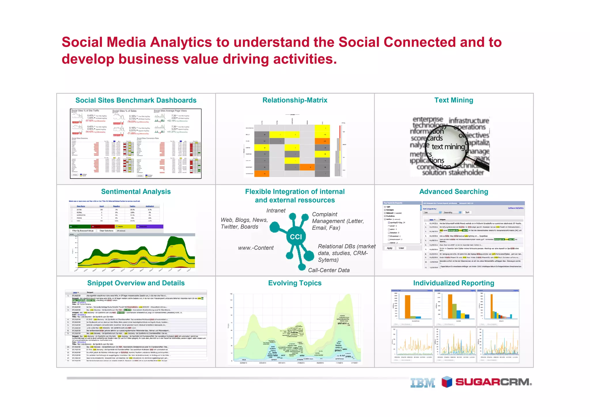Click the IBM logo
(423, 382)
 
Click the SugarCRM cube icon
(447, 382)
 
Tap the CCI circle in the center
(296, 237)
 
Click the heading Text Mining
(454, 100)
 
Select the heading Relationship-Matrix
(295, 100)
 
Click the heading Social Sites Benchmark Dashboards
(136, 100)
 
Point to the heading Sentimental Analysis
(136, 192)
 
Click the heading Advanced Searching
(454, 192)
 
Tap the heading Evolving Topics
(295, 283)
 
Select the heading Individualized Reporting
(454, 283)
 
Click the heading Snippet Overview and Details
(136, 283)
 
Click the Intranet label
(276, 211)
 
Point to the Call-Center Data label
(329, 270)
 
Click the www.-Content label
(256, 248)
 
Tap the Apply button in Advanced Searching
(389, 248)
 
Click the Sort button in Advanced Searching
(467, 212)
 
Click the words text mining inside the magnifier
(448, 147)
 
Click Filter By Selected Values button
(83, 231)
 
